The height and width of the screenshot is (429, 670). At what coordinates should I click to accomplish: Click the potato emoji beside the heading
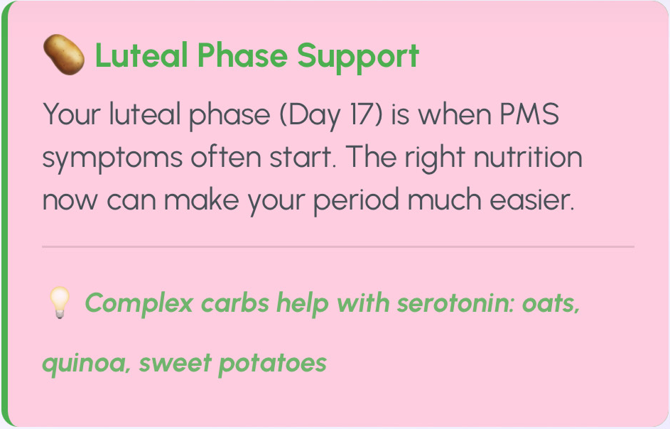coord(64,55)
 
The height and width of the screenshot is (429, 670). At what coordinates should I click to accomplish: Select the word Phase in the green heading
coord(242,55)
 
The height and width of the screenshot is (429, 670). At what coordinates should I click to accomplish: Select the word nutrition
coord(528,157)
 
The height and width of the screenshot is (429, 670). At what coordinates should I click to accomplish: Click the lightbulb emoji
coord(60,303)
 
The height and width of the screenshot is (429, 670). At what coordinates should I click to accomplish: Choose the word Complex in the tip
coord(139,304)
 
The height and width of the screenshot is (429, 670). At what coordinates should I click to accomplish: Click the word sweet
coord(175,364)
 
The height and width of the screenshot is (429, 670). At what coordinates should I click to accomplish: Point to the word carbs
coord(235,303)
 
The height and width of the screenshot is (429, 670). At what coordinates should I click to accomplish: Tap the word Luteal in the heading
coord(141,55)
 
